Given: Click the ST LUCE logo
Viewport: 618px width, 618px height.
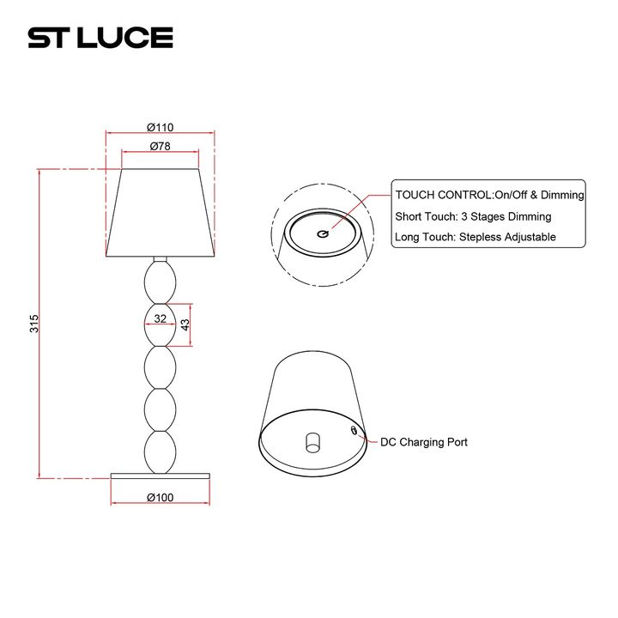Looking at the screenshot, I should [x=100, y=38].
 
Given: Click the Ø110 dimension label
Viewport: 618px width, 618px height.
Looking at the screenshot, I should [x=161, y=125].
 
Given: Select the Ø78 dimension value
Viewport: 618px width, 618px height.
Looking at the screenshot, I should [x=161, y=146].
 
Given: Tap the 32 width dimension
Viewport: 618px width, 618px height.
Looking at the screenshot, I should [x=160, y=318].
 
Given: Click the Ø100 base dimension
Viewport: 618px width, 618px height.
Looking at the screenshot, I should [x=161, y=497].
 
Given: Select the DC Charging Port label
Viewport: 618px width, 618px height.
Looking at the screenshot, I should [x=425, y=442].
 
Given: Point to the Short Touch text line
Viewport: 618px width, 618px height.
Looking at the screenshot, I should [x=473, y=216].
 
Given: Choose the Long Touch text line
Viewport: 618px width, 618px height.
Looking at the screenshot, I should [x=476, y=237].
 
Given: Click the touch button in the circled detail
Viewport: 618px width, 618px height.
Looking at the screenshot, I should [x=323, y=233].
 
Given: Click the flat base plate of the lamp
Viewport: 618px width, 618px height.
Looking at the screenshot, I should [x=161, y=474].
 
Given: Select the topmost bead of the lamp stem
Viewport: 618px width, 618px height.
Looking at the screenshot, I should [x=161, y=281].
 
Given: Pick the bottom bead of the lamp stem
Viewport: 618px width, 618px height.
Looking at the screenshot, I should [x=161, y=451].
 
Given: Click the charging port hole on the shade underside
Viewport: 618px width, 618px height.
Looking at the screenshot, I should [x=354, y=429].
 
